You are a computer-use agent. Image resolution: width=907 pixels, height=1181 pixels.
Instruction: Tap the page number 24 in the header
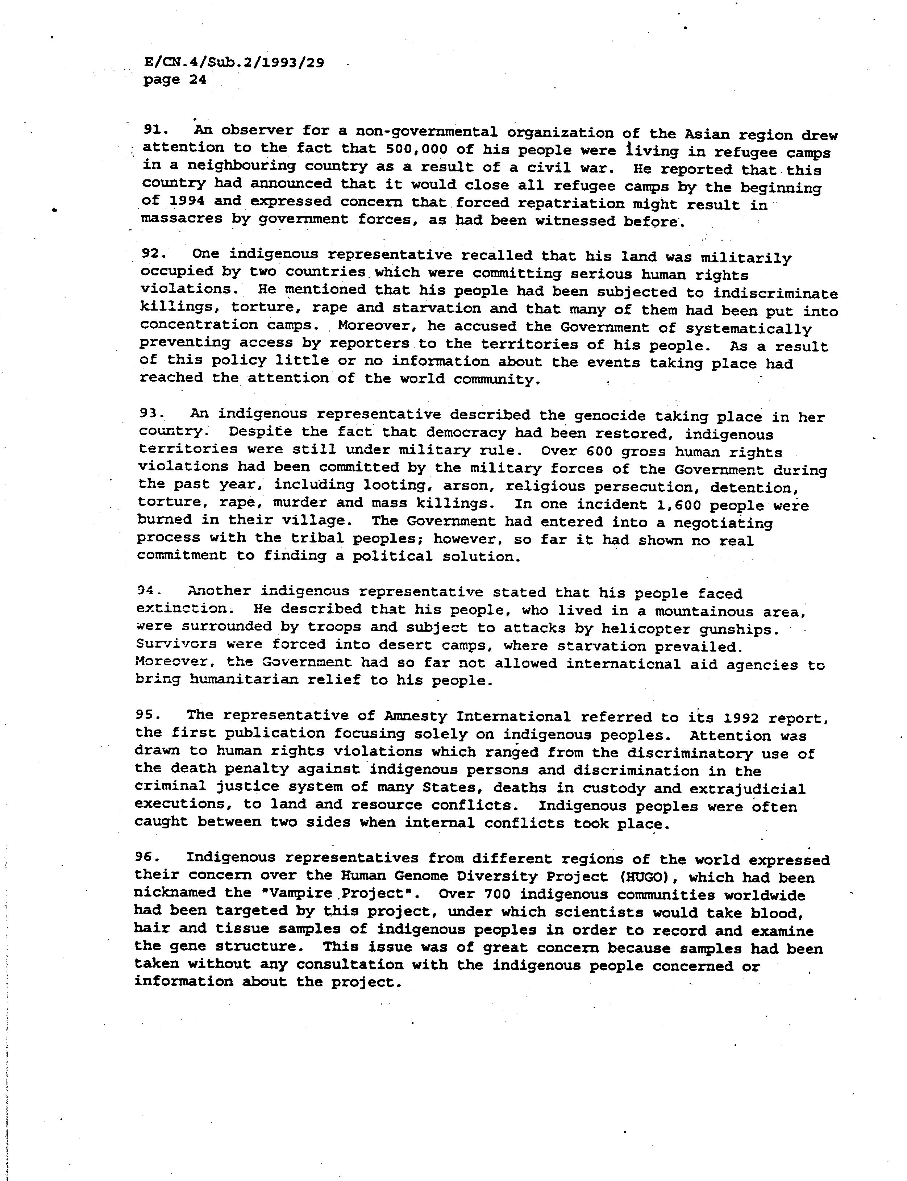point(197,80)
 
